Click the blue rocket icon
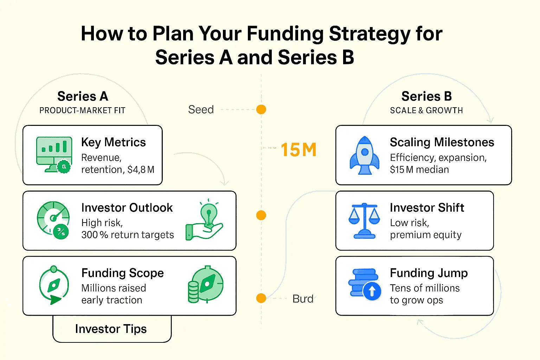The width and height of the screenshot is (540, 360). pyautogui.click(x=365, y=155)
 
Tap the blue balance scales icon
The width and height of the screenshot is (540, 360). pyautogui.click(x=364, y=221)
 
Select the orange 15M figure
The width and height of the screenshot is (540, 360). pyautogui.click(x=298, y=150)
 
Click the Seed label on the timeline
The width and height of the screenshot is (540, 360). pyautogui.click(x=201, y=109)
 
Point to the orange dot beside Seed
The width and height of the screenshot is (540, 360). pyautogui.click(x=261, y=109)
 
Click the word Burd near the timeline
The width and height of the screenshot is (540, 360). pyautogui.click(x=303, y=299)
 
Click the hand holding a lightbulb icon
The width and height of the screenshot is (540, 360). pyautogui.click(x=204, y=219)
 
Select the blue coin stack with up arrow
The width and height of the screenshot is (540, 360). pyautogui.click(x=365, y=284)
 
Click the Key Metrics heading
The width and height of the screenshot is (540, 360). pyautogui.click(x=114, y=142)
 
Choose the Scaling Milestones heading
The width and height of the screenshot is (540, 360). pyautogui.click(x=442, y=142)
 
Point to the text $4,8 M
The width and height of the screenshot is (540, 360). pyautogui.click(x=141, y=169)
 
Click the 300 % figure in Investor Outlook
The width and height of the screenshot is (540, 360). pyautogui.click(x=95, y=234)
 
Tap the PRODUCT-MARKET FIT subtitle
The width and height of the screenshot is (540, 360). pyautogui.click(x=82, y=110)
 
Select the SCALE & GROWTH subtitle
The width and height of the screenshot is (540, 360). pyautogui.click(x=426, y=110)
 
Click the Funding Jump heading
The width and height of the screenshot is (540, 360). pyautogui.click(x=429, y=273)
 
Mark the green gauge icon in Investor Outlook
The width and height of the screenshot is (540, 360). pyautogui.click(x=53, y=220)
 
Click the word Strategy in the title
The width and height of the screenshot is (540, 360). pyautogui.click(x=369, y=34)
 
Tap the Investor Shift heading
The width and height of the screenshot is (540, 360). pyautogui.click(x=427, y=208)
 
